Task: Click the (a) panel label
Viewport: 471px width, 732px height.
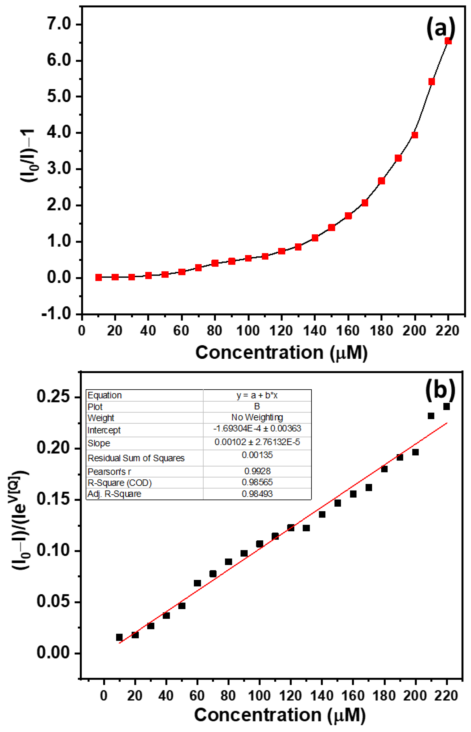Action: tap(441, 28)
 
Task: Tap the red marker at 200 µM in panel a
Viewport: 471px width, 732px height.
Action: tap(415, 135)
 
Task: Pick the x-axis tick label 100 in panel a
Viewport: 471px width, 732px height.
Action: tap(248, 331)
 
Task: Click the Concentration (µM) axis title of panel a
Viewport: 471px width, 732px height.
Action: tap(281, 353)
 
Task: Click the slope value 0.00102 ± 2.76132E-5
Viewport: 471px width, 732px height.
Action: tap(257, 442)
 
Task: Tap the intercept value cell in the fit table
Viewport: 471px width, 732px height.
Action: tap(257, 428)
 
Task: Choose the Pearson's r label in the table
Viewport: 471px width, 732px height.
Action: tap(109, 472)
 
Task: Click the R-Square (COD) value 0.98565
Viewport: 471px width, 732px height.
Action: tap(257, 482)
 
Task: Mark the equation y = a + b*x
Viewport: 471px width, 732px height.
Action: tap(257, 395)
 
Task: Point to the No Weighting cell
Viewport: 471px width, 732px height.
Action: tap(257, 417)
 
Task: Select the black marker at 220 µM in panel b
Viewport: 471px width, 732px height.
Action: tap(447, 406)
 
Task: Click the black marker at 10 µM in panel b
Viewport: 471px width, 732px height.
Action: tap(119, 637)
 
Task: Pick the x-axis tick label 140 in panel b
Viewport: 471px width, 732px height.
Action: tap(321, 696)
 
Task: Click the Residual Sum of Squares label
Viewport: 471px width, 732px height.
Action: tap(136, 458)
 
